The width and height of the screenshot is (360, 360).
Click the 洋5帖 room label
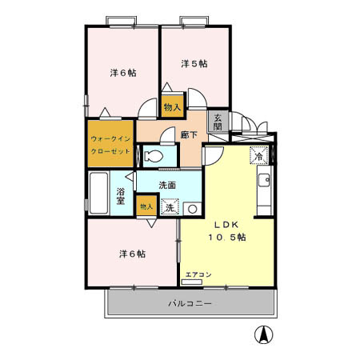point(194,63)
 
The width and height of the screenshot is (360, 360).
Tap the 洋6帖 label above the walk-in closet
point(122,73)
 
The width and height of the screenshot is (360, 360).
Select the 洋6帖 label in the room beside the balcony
point(132,254)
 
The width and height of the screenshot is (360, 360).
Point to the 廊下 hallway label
point(189,136)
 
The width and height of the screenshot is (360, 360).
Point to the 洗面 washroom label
point(167,186)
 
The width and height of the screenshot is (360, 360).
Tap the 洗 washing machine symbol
point(169,208)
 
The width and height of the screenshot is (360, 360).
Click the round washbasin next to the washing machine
point(191,209)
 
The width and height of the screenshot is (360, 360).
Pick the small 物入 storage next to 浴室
point(146,206)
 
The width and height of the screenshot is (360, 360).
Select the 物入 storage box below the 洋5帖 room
point(172,106)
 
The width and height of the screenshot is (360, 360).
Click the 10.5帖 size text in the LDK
point(228,238)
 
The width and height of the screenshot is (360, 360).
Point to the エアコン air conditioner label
point(198,275)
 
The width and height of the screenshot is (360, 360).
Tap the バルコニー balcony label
point(190,304)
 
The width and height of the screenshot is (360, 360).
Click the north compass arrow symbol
point(261,335)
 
